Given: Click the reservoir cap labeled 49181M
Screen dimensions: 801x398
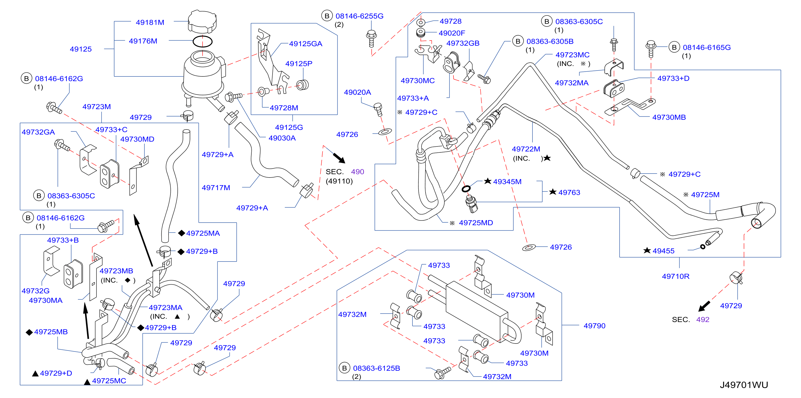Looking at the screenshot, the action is tap(202, 21).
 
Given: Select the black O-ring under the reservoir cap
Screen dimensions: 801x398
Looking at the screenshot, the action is tap(202, 41).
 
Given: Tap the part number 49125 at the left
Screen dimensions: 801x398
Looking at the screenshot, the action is tap(81, 49).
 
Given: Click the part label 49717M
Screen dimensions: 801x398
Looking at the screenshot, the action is tap(216, 188).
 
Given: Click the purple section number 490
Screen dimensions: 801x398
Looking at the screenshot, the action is tap(357, 172).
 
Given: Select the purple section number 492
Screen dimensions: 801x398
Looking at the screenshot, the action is tap(703, 320).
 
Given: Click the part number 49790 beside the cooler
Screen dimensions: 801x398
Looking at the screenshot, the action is tap(595, 326).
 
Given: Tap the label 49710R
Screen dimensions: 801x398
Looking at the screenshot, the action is tap(675, 276).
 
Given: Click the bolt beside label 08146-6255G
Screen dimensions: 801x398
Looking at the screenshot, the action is tap(371, 39).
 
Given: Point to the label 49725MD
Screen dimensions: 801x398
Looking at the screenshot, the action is tap(476, 223).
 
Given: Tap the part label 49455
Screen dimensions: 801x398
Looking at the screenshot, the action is tap(664, 251).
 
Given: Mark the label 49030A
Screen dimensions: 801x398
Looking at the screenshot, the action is tap(282, 138).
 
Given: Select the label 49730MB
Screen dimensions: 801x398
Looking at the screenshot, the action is tap(669, 117).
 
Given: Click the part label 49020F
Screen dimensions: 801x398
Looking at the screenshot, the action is tap(452, 33).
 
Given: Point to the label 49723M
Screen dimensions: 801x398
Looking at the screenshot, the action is tap(97, 107).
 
